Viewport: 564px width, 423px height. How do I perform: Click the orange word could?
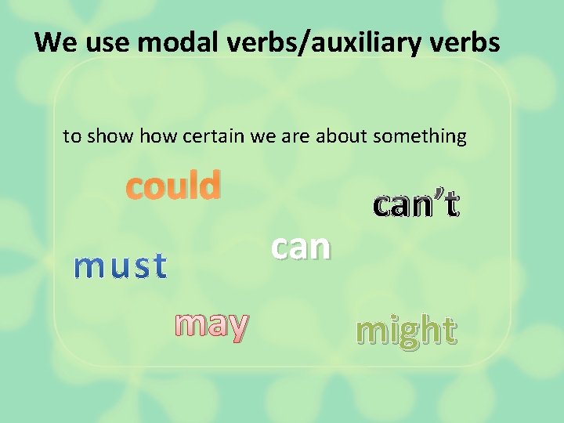174,186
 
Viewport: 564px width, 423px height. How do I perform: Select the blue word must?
120,266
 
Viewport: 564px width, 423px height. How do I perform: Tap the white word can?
301,247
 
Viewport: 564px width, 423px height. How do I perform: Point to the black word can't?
416,204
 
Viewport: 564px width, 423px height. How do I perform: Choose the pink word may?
212,323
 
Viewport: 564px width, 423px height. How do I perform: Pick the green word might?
405,331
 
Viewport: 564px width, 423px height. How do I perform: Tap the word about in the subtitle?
342,137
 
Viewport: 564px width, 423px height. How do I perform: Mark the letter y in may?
237,325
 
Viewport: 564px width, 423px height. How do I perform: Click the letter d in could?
210,186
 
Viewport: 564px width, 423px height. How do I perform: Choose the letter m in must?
83,267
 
